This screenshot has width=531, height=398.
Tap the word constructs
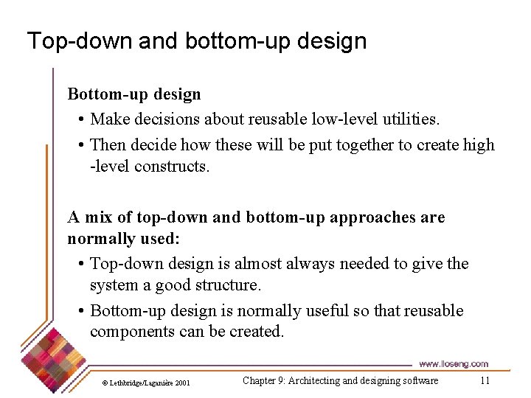click(172, 167)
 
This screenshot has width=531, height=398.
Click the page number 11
click(485, 381)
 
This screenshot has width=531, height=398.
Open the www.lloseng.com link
click(453, 364)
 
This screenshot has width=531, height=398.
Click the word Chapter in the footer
click(259, 381)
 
